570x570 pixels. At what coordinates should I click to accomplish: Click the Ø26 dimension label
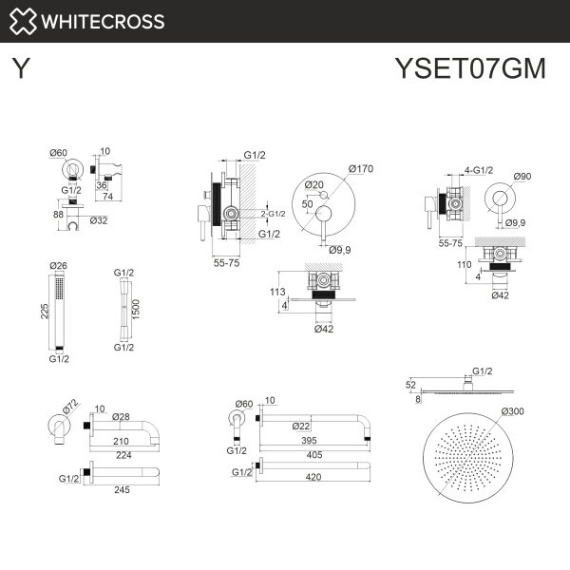coord(59,265)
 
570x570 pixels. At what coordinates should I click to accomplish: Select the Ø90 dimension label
coord(522,176)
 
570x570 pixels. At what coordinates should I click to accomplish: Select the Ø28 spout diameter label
coord(121,417)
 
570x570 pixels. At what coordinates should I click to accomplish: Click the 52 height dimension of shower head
coord(411,386)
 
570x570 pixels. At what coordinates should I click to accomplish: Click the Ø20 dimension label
coord(314,184)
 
